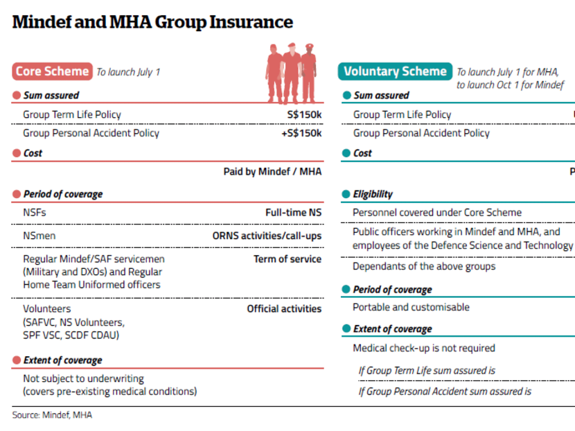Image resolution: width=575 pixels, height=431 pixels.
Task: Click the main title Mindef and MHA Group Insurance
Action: (x=152, y=22)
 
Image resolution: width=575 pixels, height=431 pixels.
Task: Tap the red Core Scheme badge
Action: (x=52, y=71)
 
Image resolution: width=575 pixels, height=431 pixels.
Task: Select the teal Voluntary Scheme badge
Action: (x=395, y=71)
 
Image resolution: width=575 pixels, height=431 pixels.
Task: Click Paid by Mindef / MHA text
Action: (x=272, y=171)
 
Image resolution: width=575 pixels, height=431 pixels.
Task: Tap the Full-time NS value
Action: (x=293, y=213)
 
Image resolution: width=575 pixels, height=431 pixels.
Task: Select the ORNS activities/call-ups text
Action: (x=267, y=236)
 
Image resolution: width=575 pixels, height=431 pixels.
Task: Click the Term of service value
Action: (x=287, y=259)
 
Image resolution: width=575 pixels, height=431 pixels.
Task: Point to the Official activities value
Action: (x=284, y=308)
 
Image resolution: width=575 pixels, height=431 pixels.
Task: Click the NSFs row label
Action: (x=35, y=213)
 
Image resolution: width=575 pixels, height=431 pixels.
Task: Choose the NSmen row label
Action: (x=39, y=236)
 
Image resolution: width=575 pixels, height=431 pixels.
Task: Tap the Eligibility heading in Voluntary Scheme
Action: (x=373, y=195)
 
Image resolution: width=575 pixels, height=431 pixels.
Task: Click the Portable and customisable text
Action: (x=411, y=307)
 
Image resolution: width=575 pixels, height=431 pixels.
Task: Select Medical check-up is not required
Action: (x=424, y=348)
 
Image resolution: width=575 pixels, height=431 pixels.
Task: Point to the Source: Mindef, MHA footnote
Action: (x=52, y=415)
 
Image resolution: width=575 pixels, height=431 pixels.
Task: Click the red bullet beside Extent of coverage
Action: (x=16, y=360)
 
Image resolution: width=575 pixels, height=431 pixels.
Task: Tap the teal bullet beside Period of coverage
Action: (x=346, y=290)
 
